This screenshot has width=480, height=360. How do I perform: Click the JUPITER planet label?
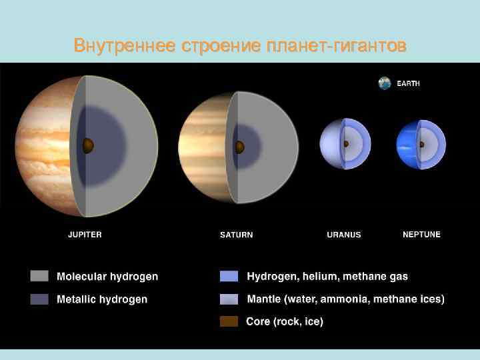point(85,235)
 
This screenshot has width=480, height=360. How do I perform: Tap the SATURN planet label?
point(236,235)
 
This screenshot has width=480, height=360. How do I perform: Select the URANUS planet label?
point(343,235)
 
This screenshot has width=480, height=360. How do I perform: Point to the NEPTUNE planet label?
point(421,235)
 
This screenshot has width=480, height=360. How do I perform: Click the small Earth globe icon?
point(385,83)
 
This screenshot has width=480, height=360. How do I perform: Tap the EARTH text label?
point(409,84)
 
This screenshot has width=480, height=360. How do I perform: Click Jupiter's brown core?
point(88,145)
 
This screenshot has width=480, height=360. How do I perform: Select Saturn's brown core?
point(239,147)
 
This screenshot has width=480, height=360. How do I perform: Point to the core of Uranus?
point(345,143)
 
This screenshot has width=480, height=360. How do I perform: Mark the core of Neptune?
point(421,144)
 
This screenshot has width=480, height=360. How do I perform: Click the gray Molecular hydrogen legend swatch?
point(39,276)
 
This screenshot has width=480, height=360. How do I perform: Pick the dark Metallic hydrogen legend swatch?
point(39,299)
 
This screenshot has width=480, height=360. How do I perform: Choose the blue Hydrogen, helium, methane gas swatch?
point(229,276)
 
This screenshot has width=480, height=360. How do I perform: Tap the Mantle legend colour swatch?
point(229,299)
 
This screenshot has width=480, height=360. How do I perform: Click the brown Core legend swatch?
point(229,321)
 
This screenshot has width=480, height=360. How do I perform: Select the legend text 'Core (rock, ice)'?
point(285,321)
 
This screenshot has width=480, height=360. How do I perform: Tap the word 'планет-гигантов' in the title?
point(335,46)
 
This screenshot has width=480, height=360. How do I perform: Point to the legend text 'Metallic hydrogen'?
point(102,299)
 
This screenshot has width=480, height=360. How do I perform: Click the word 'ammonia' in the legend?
point(345,299)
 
